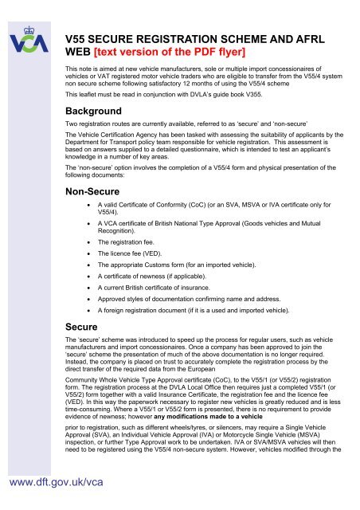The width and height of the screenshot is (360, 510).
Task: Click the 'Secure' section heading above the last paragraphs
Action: point(84,326)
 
